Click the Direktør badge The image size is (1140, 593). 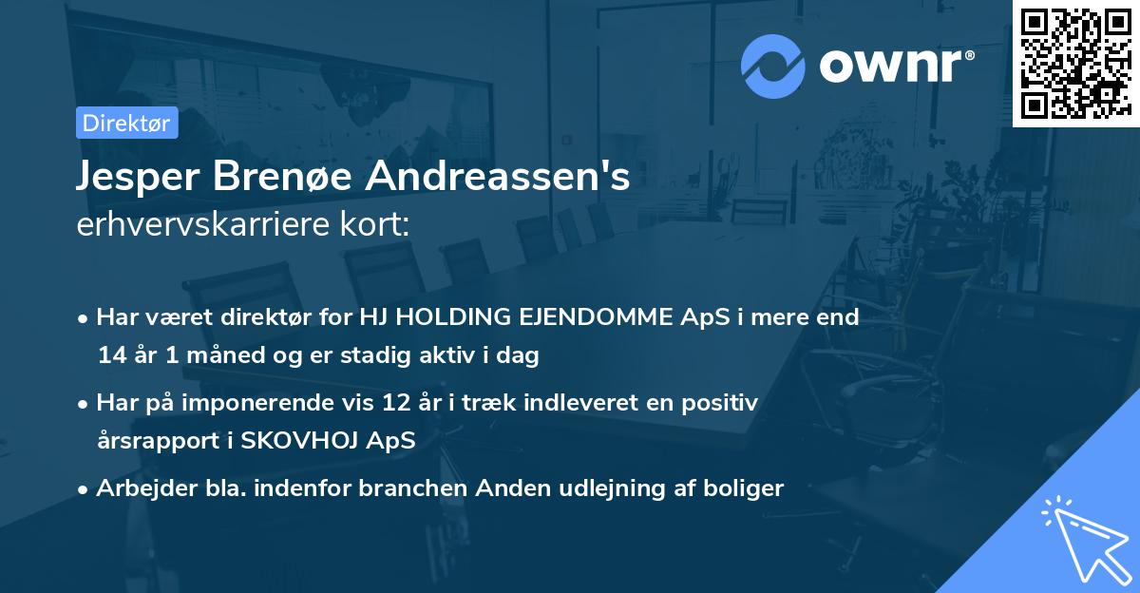(x=126, y=124)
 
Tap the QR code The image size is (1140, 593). (x=1075, y=63)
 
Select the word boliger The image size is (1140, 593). (x=746, y=488)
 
